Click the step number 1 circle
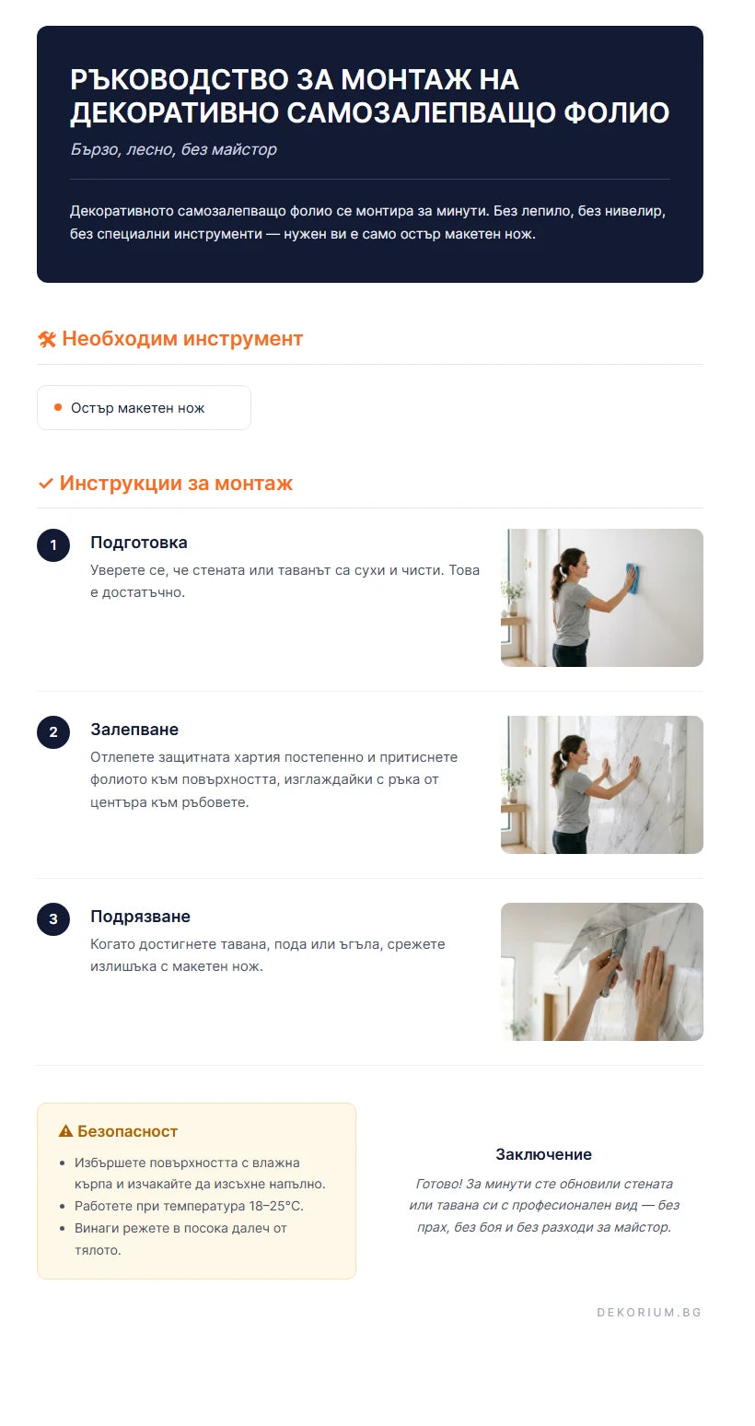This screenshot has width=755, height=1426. pos(53,545)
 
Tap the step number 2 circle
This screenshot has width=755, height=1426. pos(53,732)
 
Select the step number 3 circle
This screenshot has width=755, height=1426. pos(53,919)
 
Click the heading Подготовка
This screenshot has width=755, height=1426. pos(139,543)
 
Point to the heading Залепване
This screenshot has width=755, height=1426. pos(134,730)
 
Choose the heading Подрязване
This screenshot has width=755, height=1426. pos(140,917)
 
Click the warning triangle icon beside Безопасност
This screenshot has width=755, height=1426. pos(65,1131)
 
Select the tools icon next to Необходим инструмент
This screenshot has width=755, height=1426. pos(47,340)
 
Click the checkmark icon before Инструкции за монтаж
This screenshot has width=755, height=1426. pos(46,484)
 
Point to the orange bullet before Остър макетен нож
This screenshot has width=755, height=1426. pos(58,407)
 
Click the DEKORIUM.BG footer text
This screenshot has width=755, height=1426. pos(649,1312)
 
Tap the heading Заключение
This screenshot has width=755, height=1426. pos(543,1154)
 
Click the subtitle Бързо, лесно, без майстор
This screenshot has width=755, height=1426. pos(173,149)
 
